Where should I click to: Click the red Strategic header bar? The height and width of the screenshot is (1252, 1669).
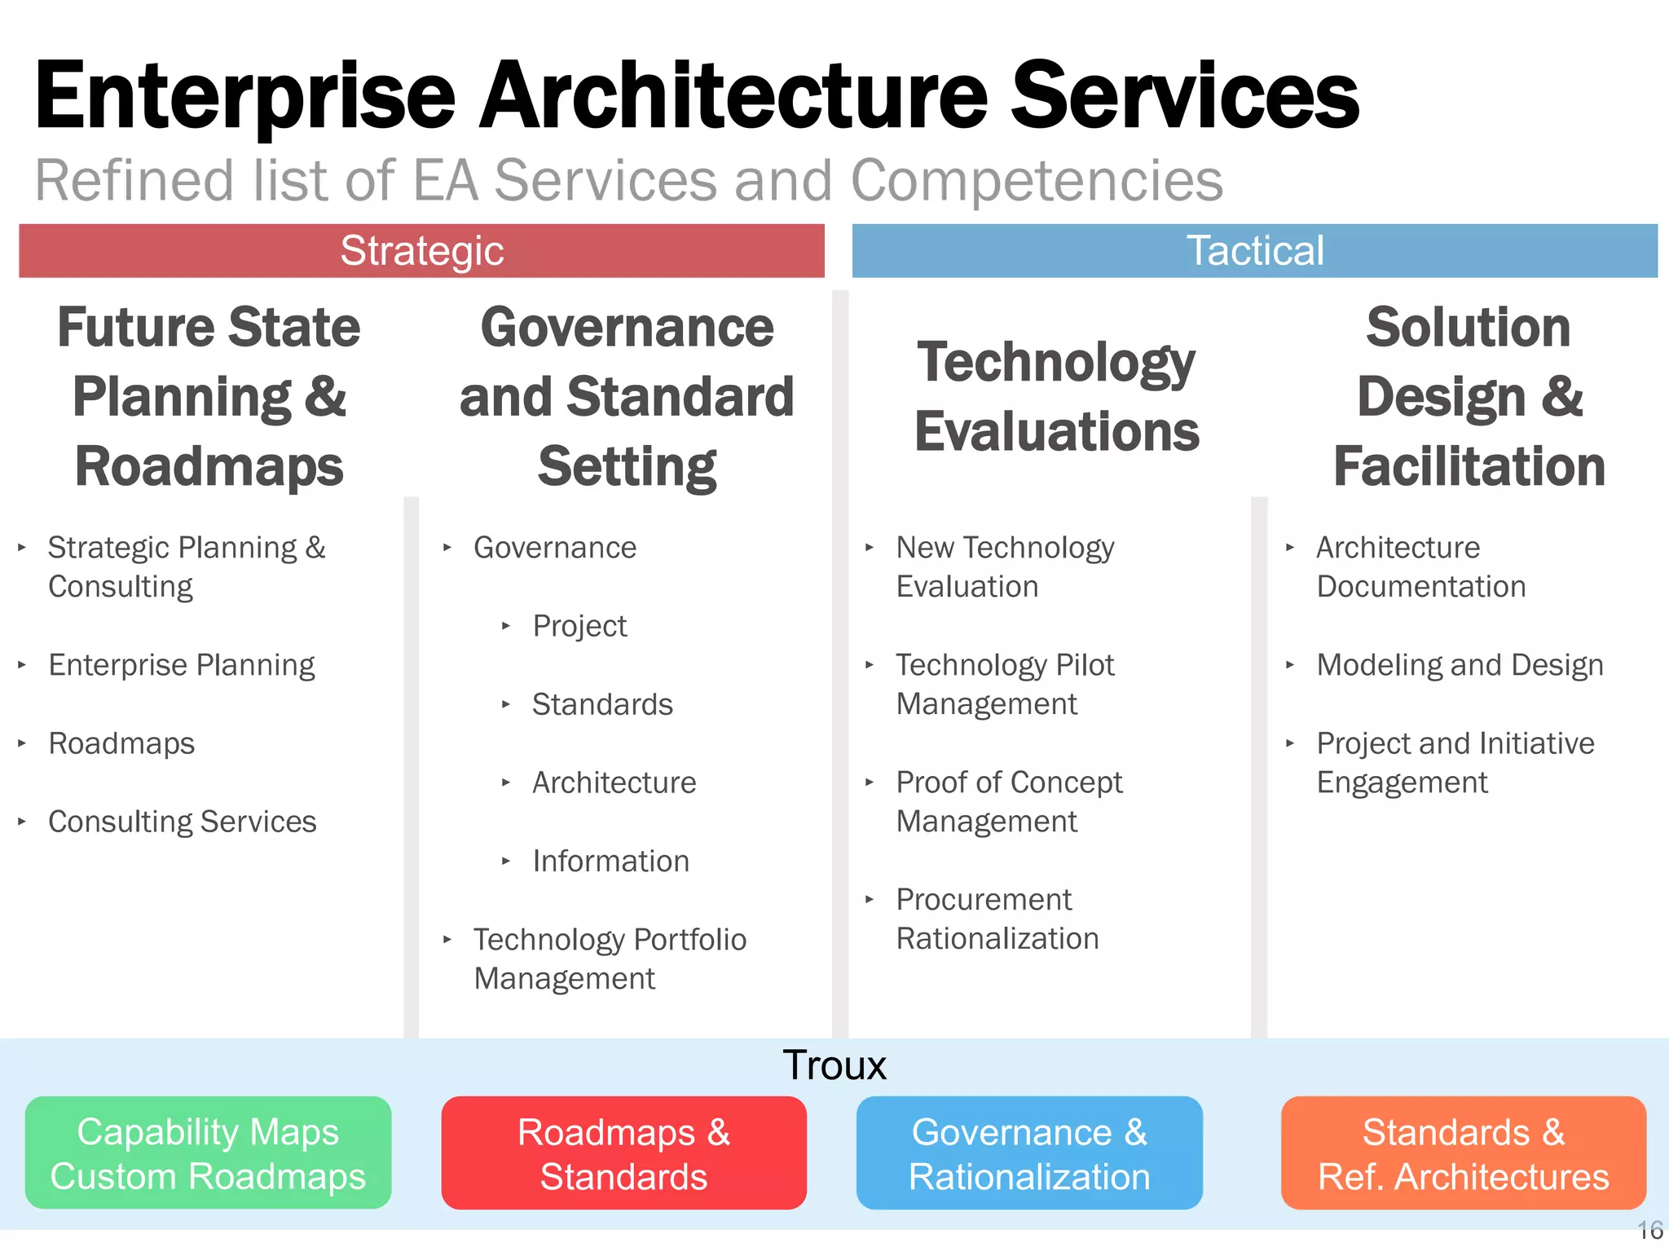[421, 251]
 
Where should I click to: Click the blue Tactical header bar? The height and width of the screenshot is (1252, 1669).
[1254, 251]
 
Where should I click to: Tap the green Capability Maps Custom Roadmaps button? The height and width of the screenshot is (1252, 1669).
[208, 1153]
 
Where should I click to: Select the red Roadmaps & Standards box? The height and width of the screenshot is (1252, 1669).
[623, 1153]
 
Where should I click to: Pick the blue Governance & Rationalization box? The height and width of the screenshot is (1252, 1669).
[1029, 1153]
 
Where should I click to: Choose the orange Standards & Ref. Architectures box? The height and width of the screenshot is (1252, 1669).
[1464, 1153]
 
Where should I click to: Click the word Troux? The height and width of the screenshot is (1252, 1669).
[834, 1065]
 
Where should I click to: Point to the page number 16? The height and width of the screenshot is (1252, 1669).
[1650, 1230]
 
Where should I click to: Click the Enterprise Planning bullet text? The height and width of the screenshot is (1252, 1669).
[182, 665]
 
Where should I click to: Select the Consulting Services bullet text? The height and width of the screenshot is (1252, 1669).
[183, 822]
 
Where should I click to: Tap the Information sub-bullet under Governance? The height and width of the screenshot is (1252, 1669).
[610, 862]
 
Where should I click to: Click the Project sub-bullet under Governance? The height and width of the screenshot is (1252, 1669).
[579, 627]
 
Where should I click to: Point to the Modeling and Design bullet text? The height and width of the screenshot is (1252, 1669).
[1460, 665]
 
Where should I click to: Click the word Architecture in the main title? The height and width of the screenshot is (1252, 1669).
[733, 96]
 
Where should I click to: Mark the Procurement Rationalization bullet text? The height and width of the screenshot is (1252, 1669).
[997, 919]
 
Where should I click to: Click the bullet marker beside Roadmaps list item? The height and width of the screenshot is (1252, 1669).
[22, 743]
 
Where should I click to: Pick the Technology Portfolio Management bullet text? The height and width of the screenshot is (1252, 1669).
[610, 959]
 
